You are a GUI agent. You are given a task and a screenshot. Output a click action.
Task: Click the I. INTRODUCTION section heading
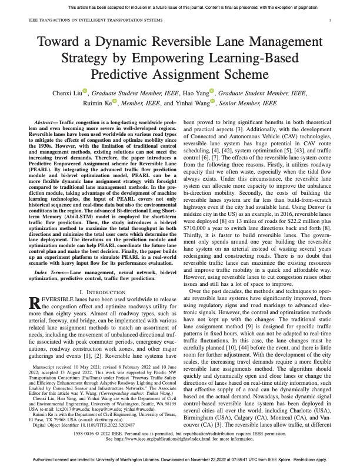105,275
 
